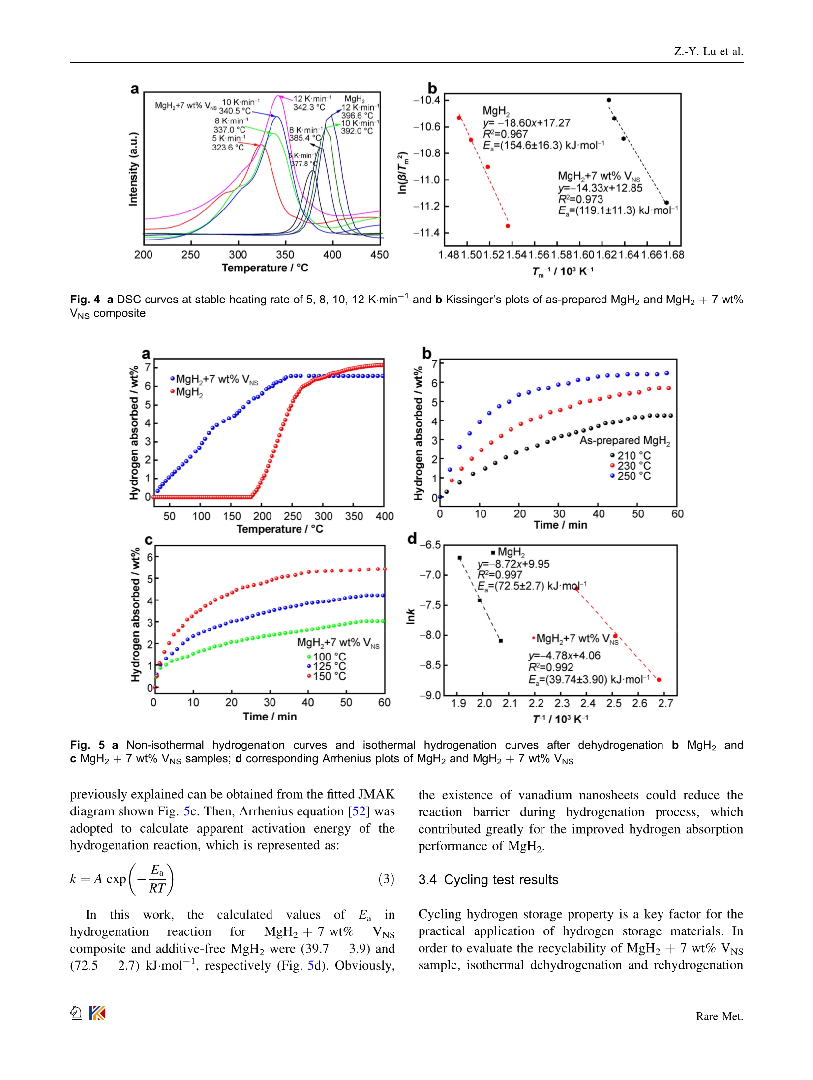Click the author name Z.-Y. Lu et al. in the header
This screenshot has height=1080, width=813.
(x=708, y=52)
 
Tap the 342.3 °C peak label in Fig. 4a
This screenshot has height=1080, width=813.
(x=309, y=107)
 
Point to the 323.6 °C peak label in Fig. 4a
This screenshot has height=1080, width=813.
(x=228, y=147)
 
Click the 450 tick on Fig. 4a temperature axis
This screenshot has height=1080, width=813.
(x=379, y=255)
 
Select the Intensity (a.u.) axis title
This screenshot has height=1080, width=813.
(x=133, y=169)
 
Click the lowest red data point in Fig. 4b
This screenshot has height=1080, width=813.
(x=508, y=226)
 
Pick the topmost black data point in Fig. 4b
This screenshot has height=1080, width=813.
(x=609, y=100)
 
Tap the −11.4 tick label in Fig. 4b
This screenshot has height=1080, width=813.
(x=426, y=233)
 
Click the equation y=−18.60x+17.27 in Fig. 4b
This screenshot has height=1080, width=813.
(x=526, y=123)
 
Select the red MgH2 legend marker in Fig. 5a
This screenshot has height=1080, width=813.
(x=173, y=392)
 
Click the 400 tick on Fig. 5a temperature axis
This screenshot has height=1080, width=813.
(x=385, y=516)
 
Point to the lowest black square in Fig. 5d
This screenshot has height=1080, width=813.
(x=501, y=641)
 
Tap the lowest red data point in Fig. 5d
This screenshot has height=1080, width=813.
(x=659, y=680)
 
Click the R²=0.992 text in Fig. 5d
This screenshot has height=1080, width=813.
(x=551, y=667)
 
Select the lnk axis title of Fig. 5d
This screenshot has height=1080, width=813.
(x=411, y=617)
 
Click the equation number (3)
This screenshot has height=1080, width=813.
(x=386, y=879)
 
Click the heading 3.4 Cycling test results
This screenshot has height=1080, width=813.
(x=488, y=879)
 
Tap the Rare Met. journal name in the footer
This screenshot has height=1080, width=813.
(x=719, y=1016)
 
